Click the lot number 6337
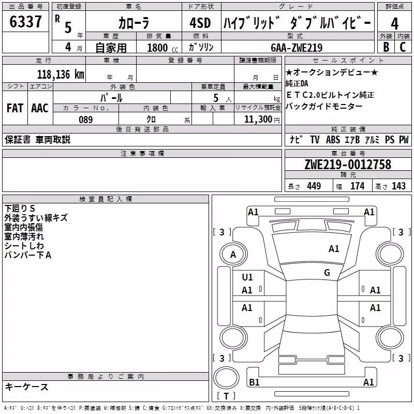tap(25, 22)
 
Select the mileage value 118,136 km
tap(61, 75)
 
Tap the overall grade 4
tap(394, 24)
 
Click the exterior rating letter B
tap(386, 47)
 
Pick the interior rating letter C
tap(403, 47)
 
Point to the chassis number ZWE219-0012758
tap(348, 164)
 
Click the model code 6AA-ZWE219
tap(297, 48)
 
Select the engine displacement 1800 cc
tap(162, 48)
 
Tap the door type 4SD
tap(200, 23)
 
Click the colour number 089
tap(86, 120)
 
